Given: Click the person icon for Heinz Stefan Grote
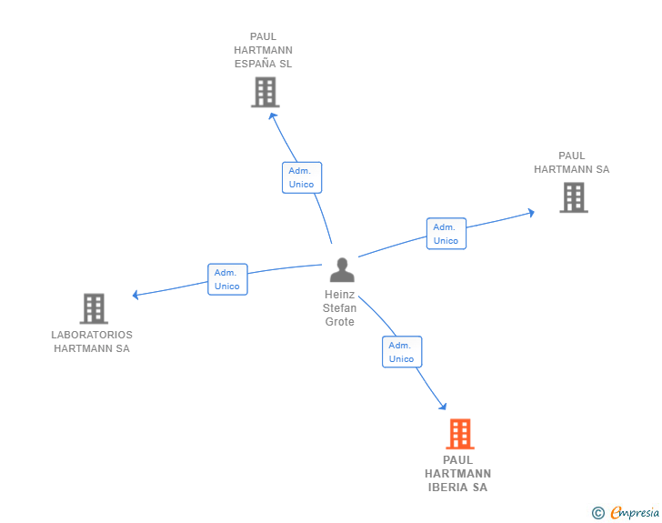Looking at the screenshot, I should [342, 270].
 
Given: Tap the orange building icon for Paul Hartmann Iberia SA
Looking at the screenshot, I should [460, 434].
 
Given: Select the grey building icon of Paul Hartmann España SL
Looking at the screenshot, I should [265, 92].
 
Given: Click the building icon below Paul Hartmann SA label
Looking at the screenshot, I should [573, 197].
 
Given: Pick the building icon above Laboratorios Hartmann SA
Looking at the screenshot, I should [94, 309].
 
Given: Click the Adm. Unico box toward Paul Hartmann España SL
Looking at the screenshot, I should [301, 177].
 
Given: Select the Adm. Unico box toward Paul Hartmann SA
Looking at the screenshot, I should [446, 234].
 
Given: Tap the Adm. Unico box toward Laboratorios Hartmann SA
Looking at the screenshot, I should [227, 279].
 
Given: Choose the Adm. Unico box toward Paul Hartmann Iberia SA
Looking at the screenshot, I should [401, 352].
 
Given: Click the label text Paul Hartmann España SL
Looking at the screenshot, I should [263, 51].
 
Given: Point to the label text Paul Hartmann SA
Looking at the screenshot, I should [571, 163].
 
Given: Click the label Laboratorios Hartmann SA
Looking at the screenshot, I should [92, 341].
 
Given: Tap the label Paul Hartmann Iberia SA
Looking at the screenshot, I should [457, 473].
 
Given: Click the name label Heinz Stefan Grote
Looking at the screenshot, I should [340, 308].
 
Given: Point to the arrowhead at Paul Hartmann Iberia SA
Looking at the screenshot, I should [443, 406].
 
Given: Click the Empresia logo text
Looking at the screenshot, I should [635, 513].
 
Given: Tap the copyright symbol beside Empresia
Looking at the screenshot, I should [597, 513].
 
